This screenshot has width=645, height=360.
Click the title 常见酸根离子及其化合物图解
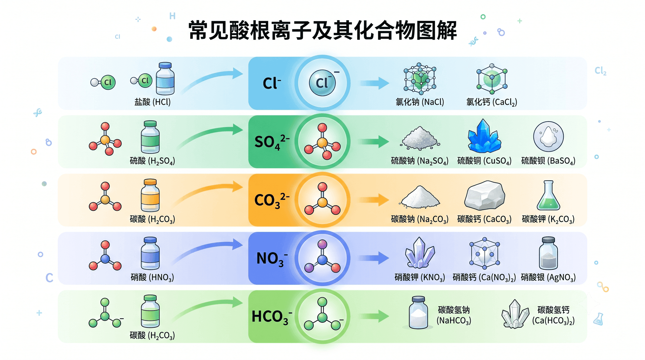(x=322, y=30)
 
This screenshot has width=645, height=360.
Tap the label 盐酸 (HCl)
(x=153, y=102)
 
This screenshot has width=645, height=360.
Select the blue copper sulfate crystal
(x=484, y=136)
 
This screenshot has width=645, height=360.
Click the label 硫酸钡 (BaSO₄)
(x=548, y=161)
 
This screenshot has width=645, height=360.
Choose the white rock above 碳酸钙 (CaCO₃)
(x=484, y=195)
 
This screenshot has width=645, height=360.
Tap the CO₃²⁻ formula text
(x=272, y=200)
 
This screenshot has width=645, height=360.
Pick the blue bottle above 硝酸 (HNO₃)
(x=150, y=253)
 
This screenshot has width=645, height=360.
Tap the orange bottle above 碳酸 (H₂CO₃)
(x=150, y=195)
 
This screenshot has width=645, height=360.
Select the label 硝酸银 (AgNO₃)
(x=548, y=277)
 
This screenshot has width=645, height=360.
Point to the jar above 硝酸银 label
(x=548, y=253)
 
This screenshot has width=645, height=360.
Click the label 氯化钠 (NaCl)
(x=420, y=102)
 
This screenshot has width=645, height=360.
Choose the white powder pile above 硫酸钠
(x=420, y=138)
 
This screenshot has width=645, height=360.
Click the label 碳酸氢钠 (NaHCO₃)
(x=454, y=315)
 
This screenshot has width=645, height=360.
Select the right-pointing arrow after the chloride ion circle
(x=375, y=83)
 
